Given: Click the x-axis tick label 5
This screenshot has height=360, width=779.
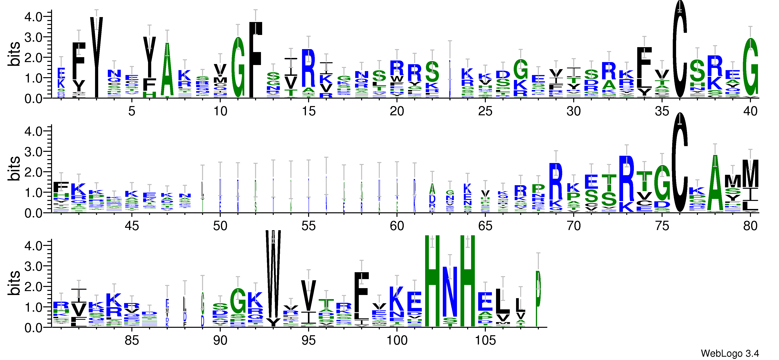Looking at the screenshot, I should (x=132, y=111).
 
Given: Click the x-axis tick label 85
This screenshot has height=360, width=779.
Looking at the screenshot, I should (x=132, y=340).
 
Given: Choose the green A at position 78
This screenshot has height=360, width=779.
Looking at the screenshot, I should (x=715, y=185).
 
